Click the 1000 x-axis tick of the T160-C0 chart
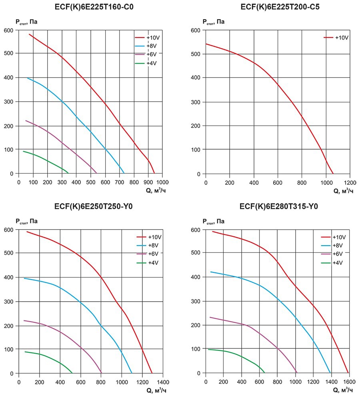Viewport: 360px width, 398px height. click(162, 182)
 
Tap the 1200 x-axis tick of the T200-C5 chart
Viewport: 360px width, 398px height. click(350, 182)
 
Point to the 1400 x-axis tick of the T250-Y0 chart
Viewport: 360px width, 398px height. click(163, 382)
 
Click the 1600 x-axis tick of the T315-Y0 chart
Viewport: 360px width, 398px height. click(349, 381)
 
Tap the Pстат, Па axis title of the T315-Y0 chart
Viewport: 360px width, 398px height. click(214, 221)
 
